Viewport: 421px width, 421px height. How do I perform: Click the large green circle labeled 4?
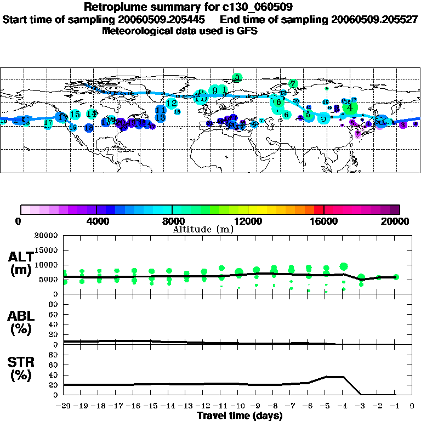pos(350,108)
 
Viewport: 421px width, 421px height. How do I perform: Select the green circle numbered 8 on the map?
pos(237,78)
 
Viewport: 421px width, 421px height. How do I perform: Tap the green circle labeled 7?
pos(293,84)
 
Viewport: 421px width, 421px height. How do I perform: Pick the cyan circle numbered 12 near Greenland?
pos(172,103)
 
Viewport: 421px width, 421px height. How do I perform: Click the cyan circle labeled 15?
pos(76,115)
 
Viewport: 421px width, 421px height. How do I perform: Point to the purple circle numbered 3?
pos(403,125)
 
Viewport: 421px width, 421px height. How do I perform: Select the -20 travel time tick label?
pos(63,407)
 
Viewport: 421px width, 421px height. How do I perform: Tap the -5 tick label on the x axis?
pos(326,407)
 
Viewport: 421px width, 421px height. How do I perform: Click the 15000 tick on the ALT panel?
pos(47,250)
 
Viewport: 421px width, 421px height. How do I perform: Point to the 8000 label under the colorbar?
pos(172,221)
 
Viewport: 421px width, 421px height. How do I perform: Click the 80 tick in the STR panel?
pos(54,355)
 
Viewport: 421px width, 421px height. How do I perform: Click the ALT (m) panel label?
pos(21,263)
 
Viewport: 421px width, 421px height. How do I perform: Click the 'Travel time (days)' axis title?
pos(240,416)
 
